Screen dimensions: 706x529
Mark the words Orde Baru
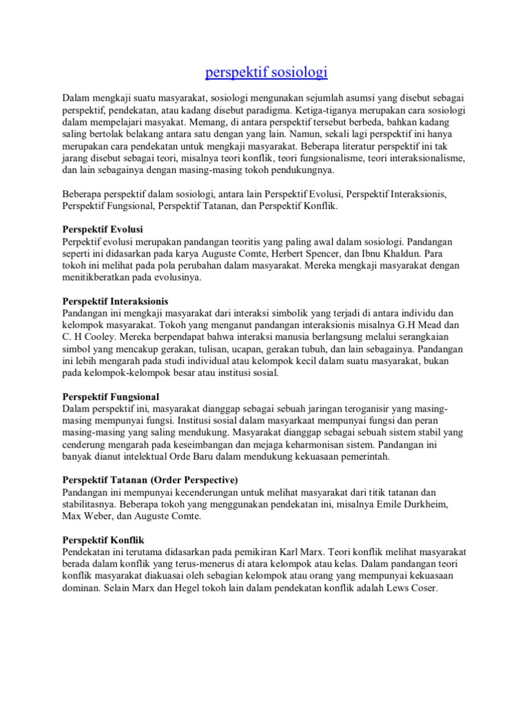[x=190, y=456]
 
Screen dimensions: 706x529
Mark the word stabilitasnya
[x=90, y=504]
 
